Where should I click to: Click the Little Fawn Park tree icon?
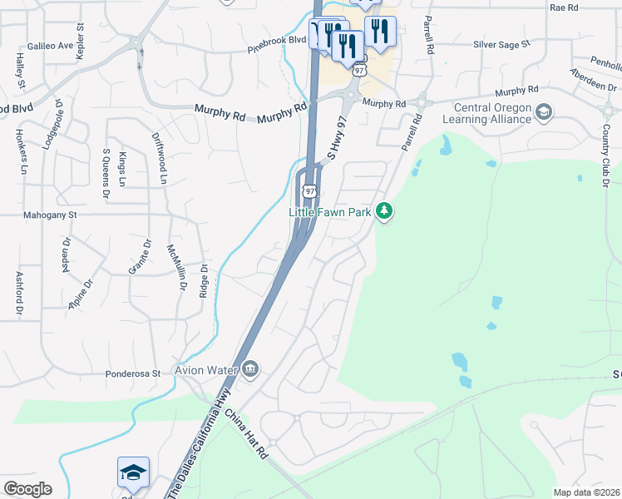[383, 212]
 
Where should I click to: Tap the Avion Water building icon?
[250, 369]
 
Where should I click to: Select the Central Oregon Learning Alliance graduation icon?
[544, 111]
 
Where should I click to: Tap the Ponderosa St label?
[133, 373]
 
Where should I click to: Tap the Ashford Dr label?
[18, 294]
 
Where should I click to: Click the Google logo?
[27, 489]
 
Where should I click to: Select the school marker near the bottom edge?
[133, 472]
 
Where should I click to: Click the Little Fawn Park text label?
[330, 212]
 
